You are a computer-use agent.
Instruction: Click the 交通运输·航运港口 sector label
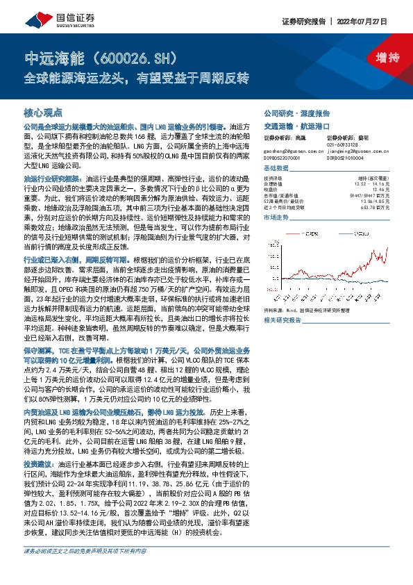coord(296,126)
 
